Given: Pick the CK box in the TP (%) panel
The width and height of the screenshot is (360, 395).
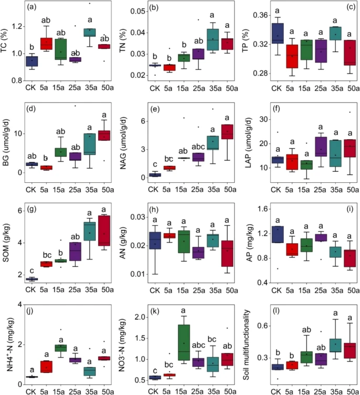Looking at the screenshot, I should click(x=278, y=33).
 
